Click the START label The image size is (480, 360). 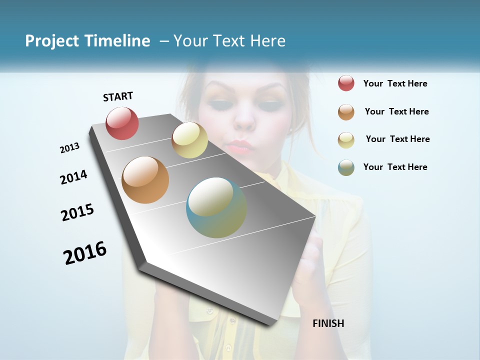(118, 96)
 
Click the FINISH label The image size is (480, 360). (328, 323)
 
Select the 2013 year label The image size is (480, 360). (69, 148)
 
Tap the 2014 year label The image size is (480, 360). (73, 177)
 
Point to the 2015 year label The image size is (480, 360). (77, 212)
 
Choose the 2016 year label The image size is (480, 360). (85, 252)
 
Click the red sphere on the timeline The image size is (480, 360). (122, 123)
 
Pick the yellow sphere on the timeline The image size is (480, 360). (189, 140)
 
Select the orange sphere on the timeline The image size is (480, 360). (145, 180)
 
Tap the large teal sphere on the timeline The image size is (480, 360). (216, 207)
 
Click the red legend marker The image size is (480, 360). (346, 83)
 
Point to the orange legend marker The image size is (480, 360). (346, 112)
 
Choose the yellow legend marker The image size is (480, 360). (346, 139)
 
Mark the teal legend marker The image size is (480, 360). (346, 167)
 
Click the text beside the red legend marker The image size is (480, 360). (395, 83)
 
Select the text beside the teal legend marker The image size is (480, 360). (395, 167)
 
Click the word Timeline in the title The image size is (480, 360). (119, 41)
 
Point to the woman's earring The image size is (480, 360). (290, 129)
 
